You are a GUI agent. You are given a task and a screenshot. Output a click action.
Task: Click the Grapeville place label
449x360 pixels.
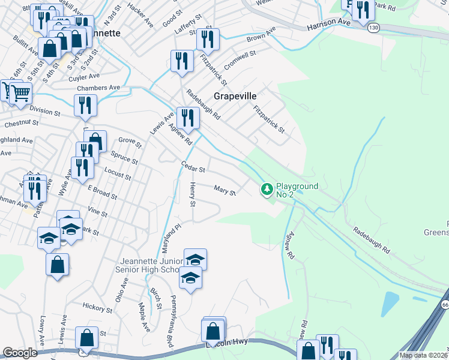pyautogui.click(x=235, y=96)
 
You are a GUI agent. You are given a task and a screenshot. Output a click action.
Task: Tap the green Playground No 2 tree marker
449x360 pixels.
pyautogui.click(x=267, y=190)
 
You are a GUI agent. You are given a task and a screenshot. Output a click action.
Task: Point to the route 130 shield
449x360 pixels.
pyautogui.click(x=374, y=28)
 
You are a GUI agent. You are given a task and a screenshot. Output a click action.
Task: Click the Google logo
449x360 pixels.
pyautogui.click(x=20, y=353)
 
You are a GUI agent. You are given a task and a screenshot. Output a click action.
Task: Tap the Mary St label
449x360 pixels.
pyautogui.click(x=224, y=190)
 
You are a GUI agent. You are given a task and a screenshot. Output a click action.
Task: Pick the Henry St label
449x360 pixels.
pyautogui.click(x=193, y=195)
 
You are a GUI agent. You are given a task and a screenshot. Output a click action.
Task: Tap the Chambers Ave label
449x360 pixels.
pyautogui.click(x=98, y=88)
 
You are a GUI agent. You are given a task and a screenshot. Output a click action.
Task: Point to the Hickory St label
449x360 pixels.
pyautogui.click(x=97, y=308)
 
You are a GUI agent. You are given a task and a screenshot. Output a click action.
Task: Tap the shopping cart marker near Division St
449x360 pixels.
pyautogui.click(x=20, y=93)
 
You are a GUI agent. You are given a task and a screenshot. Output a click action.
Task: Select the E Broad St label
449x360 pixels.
pyautogui.click(x=102, y=191)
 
